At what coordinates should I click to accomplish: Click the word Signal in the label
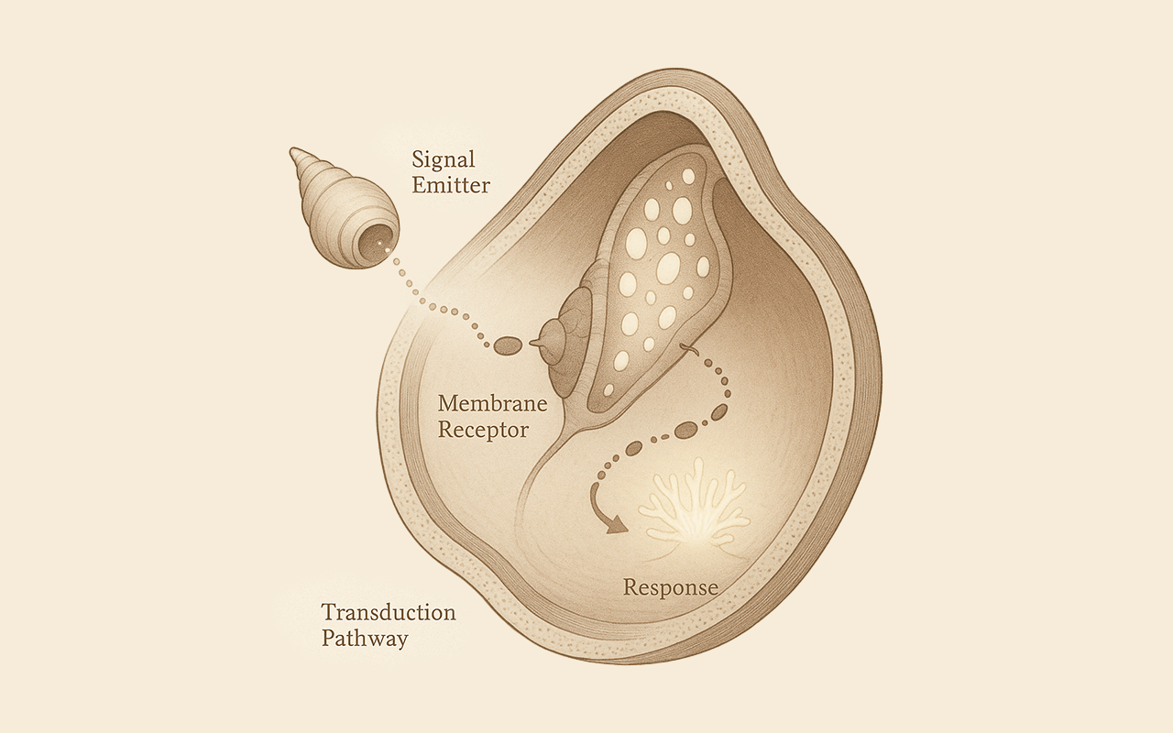click(x=444, y=159)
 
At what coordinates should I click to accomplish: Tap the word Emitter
click(x=451, y=185)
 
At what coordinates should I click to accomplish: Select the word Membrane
click(x=492, y=403)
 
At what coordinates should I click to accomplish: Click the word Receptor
click(x=483, y=431)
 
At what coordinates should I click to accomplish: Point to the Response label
click(x=671, y=587)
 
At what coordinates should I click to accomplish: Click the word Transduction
click(x=389, y=612)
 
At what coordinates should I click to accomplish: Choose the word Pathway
click(x=365, y=640)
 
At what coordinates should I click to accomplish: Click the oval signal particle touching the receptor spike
click(x=508, y=345)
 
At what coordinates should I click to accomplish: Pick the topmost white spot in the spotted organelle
click(x=688, y=177)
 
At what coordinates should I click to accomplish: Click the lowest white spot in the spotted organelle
click(x=608, y=389)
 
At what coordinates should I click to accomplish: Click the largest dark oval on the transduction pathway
click(x=685, y=431)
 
